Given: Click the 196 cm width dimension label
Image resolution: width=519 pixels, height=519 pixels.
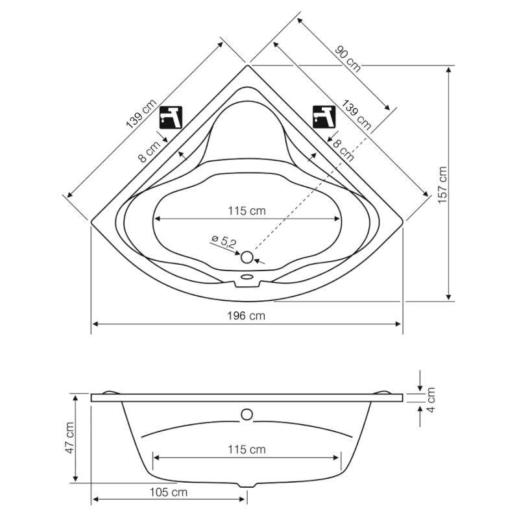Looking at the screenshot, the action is [x=246, y=316].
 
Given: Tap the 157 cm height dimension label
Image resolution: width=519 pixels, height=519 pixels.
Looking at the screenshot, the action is [x=442, y=185].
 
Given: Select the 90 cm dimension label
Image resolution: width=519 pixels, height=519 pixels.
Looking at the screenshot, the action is [x=348, y=59].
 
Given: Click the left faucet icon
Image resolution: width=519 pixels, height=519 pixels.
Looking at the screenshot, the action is [x=171, y=117].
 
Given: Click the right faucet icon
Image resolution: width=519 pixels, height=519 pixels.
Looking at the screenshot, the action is [x=324, y=117].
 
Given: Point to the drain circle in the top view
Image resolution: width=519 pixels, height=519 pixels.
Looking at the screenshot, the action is [x=247, y=257].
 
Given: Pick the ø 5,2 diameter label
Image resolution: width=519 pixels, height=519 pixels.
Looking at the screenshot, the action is [x=224, y=241].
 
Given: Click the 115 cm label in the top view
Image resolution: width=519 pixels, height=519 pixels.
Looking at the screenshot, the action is [x=247, y=211].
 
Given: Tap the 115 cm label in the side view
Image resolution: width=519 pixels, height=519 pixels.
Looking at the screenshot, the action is [x=247, y=450].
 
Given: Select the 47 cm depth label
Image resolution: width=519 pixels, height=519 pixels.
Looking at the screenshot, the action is [x=69, y=438].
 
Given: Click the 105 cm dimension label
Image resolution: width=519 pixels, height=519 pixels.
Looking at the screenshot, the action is [x=169, y=492].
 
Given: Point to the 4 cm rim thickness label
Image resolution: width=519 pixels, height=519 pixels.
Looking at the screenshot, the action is [x=430, y=400].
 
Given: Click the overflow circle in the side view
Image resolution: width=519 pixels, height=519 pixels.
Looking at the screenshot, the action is [x=247, y=415].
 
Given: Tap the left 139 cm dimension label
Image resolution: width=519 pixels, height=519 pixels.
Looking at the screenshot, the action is [x=141, y=114].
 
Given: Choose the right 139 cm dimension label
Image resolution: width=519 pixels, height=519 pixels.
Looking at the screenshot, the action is [x=356, y=115].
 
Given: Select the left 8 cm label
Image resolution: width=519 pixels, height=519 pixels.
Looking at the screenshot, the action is [x=150, y=151].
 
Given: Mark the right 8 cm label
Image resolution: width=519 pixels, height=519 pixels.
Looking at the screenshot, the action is [x=343, y=150].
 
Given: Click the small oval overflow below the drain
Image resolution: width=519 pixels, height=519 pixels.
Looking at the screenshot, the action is [x=247, y=276].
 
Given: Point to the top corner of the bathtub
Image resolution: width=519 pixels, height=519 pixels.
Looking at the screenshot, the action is [x=247, y=66].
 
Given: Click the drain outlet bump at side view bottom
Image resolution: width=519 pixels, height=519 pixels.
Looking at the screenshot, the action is [x=247, y=485].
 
